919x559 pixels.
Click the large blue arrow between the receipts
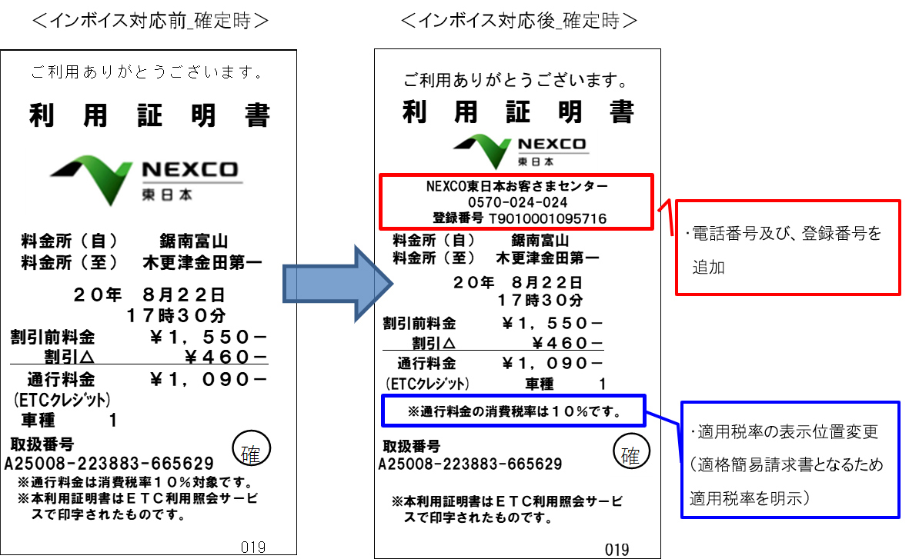(x=338, y=284)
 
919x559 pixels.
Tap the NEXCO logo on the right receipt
(x=520, y=151)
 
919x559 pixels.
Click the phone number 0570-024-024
(x=517, y=202)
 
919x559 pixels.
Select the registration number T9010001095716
(x=547, y=219)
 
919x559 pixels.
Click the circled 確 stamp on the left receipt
(x=252, y=449)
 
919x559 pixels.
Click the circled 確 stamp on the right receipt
(x=631, y=452)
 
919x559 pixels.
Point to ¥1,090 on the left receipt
(x=208, y=380)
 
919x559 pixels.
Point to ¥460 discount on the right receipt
(x=567, y=343)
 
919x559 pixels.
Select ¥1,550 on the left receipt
(x=208, y=337)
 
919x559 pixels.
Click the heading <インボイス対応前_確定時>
(x=150, y=21)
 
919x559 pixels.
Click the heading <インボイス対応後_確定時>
(x=519, y=21)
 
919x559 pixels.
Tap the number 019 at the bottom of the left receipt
(x=253, y=547)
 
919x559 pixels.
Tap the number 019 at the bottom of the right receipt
(x=617, y=550)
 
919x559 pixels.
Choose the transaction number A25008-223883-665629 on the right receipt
(x=470, y=464)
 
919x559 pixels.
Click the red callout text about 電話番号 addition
(x=787, y=250)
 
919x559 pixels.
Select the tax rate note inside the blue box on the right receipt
(x=514, y=411)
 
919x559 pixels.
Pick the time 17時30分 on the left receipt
(x=176, y=316)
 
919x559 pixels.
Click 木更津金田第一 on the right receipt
(x=547, y=258)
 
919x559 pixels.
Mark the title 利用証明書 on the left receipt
(x=149, y=115)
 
